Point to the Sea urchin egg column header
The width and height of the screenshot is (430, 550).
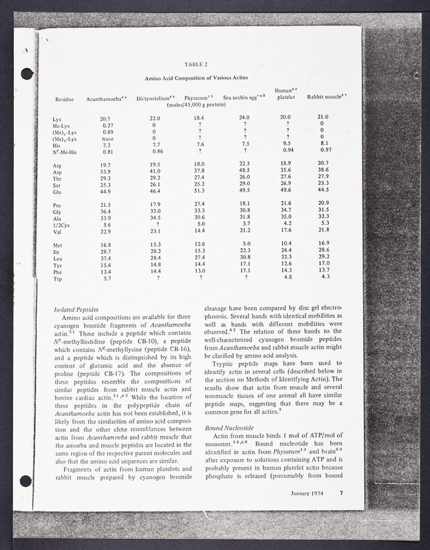click(x=243, y=98)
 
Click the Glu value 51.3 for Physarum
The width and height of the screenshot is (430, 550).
click(x=200, y=191)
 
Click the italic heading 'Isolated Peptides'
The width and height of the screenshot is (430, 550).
click(x=76, y=310)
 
